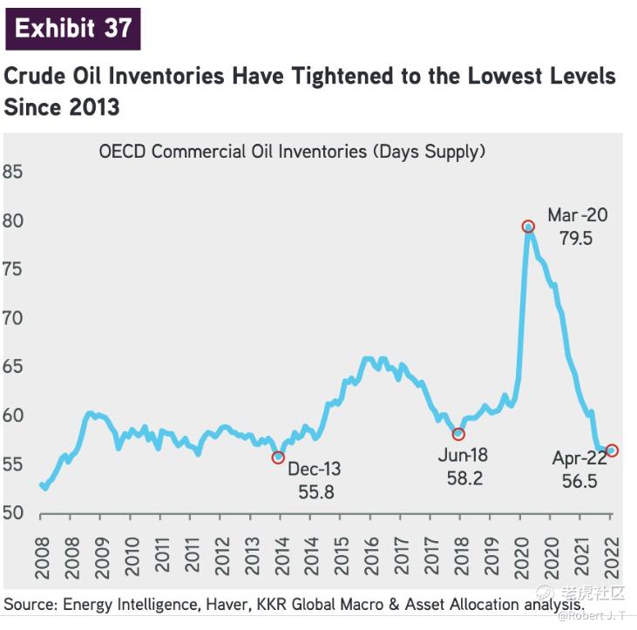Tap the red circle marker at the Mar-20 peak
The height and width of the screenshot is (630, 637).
[x=528, y=227]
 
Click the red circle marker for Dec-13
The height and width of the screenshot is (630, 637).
[x=278, y=457]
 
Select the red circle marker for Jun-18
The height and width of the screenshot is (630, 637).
[x=458, y=434]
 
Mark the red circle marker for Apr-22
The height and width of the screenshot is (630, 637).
[x=612, y=450]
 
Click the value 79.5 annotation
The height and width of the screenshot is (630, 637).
[x=576, y=237]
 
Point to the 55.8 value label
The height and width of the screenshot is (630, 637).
[x=315, y=491]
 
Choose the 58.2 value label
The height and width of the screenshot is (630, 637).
[x=464, y=478]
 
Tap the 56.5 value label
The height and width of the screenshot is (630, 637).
[x=579, y=480]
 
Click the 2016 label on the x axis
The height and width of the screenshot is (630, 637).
[x=371, y=551]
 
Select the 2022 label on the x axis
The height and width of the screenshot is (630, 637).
[x=611, y=551]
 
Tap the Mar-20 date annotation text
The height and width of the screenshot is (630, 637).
[x=578, y=215]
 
